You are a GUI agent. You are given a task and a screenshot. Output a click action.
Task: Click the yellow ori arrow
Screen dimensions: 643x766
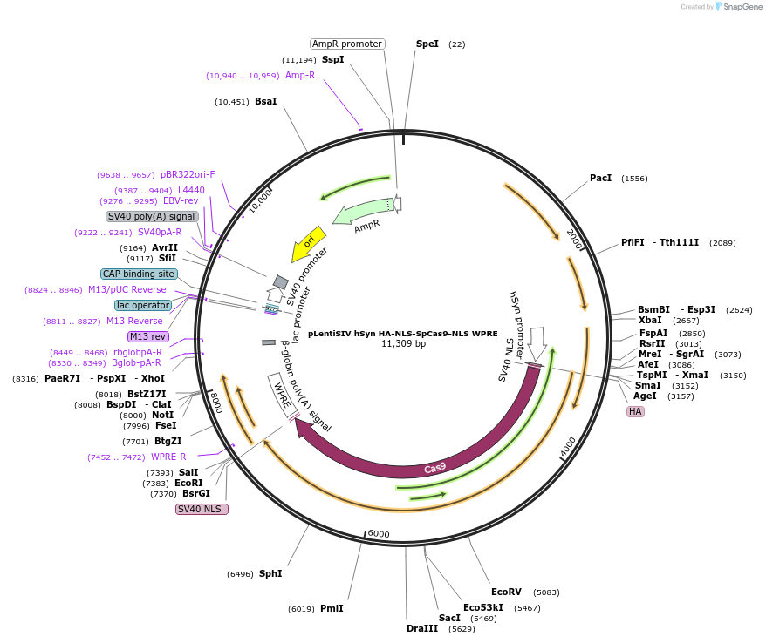309,243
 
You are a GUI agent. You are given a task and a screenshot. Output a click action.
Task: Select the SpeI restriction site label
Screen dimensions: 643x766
427,44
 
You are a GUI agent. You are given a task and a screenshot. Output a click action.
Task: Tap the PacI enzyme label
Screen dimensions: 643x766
600,178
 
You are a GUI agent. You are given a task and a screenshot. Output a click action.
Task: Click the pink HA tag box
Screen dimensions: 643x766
635,411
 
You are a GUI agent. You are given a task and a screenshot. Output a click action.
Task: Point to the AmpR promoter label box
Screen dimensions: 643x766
347,44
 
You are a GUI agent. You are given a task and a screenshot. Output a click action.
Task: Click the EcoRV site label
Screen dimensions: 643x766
506,592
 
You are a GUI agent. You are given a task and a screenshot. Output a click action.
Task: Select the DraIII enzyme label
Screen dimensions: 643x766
422,628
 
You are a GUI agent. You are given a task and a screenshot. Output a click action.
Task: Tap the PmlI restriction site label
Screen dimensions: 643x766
332,608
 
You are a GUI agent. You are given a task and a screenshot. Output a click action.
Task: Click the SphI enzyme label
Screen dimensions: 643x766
270,573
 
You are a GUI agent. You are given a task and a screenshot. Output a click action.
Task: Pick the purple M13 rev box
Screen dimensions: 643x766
147,336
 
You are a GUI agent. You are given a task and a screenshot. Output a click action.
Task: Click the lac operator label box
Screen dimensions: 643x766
143,305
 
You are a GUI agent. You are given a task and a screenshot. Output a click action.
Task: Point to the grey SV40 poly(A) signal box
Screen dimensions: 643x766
152,216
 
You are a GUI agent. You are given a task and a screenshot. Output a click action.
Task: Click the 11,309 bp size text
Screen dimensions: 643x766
403,343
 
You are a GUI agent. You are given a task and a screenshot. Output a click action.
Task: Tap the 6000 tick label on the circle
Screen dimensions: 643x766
379,533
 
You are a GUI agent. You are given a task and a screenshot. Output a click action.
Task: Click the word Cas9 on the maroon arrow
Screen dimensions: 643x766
435,468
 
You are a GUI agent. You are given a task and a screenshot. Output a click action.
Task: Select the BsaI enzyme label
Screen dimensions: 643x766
265,101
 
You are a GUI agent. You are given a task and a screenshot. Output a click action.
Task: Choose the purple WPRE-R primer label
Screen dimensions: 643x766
168,457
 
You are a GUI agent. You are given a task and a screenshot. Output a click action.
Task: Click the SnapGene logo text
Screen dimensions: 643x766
741,7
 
